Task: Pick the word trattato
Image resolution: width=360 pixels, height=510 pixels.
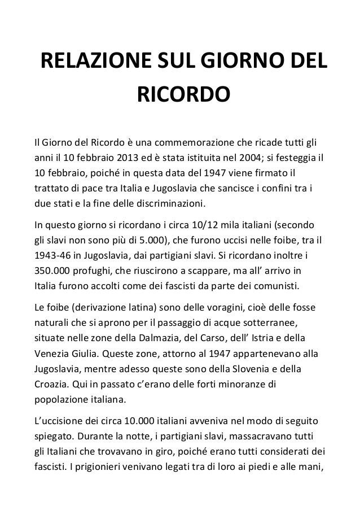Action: (x=52, y=188)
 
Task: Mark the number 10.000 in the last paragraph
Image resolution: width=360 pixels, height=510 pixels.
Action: (x=137, y=422)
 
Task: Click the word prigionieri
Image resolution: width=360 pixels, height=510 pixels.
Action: (x=95, y=468)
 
